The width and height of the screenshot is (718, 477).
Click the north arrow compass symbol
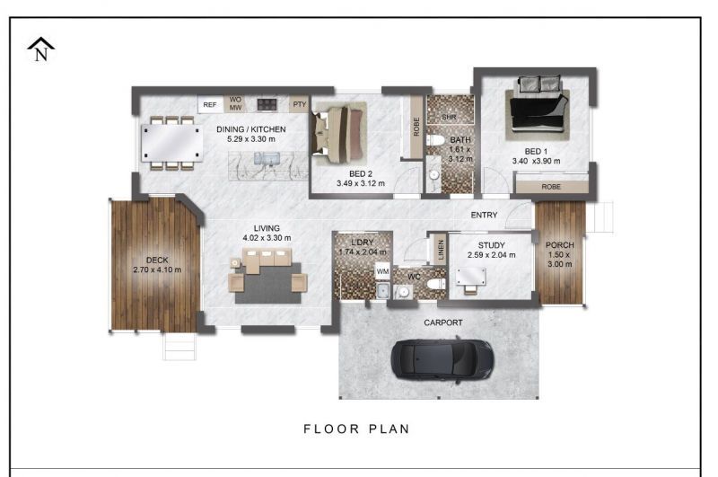[x=41, y=49]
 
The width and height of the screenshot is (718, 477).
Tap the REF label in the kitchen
[x=210, y=105]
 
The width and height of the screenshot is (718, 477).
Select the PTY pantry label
[x=299, y=104]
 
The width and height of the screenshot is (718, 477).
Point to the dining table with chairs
[x=172, y=142]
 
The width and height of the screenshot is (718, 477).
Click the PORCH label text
[x=560, y=245]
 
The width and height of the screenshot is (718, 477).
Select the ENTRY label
[x=485, y=215]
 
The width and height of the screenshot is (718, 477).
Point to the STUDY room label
[x=492, y=244]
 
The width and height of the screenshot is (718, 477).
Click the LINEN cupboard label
[x=441, y=249]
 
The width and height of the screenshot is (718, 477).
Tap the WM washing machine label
[x=382, y=271]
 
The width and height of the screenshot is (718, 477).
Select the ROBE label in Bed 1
[x=551, y=187]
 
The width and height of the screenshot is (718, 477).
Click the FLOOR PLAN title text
[x=357, y=428]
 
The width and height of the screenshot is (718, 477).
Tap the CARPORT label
[x=442, y=322]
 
